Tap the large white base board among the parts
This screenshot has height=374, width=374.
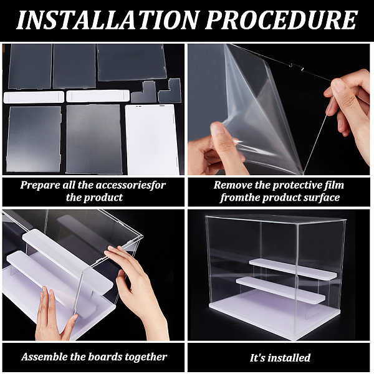coord(151,140)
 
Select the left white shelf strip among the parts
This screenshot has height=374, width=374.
coord(34,97)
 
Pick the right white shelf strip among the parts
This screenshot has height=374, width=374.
coord(98,96)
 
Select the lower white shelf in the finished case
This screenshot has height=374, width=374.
coord(280,290)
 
